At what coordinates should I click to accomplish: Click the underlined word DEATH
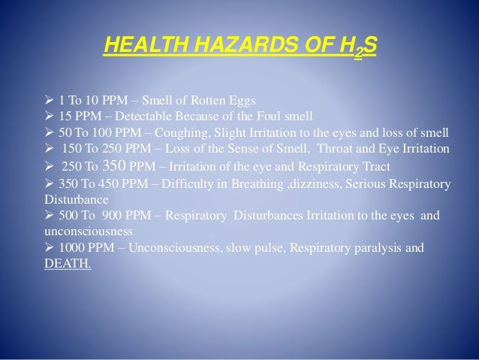point(68,264)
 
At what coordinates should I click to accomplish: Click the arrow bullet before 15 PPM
point(50,116)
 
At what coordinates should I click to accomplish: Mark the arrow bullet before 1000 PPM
point(50,249)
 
